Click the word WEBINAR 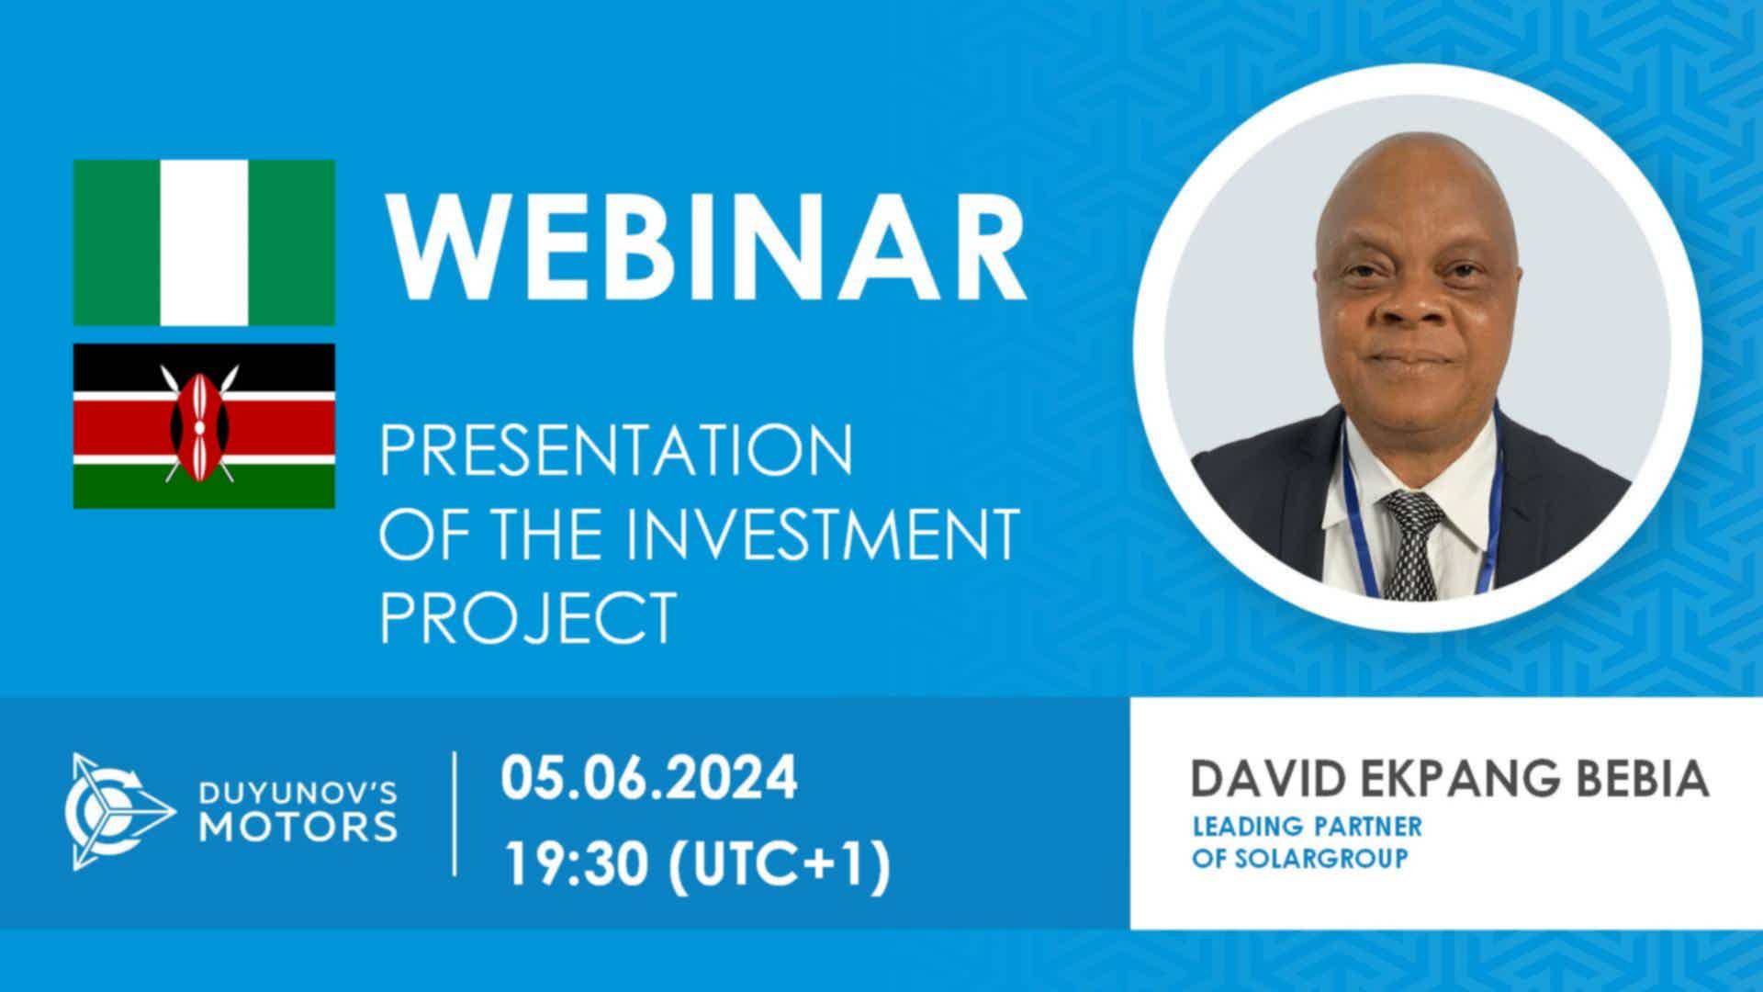pos(704,242)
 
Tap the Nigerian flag pos(204,242)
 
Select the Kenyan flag pos(204,426)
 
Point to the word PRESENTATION pos(616,451)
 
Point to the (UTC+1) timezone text pos(779,865)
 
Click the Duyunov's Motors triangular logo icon pos(118,811)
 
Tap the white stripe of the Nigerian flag pos(204,242)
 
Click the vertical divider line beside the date pos(455,813)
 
